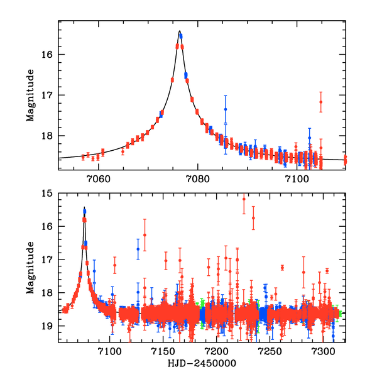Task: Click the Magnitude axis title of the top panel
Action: pos(30,94)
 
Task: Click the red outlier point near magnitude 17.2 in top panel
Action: pos(320,102)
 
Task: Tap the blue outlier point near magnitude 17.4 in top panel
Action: pos(225,109)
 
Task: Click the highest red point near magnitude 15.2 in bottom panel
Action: pos(244,199)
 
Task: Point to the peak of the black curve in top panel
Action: pos(179,31)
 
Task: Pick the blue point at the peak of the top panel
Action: pos(180,36)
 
